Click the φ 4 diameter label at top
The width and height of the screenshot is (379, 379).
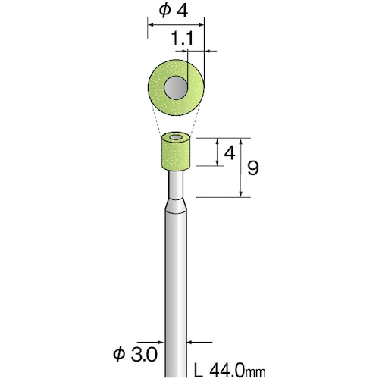[174, 11]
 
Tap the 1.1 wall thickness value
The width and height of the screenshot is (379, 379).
[182, 39]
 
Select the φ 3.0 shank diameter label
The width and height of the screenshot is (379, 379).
[135, 354]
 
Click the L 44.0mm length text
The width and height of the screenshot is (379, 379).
[230, 371]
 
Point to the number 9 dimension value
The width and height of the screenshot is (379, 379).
[253, 168]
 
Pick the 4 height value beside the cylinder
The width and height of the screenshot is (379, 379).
[230, 153]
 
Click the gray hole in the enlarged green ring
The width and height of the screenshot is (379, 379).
[176, 87]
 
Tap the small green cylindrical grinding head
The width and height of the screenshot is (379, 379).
[176, 152]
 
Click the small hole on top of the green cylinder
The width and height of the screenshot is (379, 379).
[176, 137]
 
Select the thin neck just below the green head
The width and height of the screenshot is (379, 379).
[176, 185]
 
